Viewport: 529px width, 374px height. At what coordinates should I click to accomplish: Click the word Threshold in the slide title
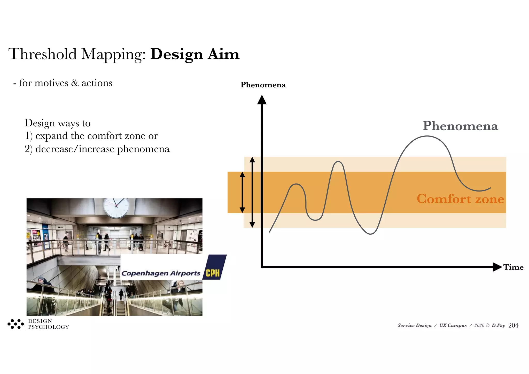click(43, 54)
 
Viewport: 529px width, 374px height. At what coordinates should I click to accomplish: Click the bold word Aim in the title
click(224, 54)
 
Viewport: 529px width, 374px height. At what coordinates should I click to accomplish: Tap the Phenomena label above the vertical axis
click(263, 85)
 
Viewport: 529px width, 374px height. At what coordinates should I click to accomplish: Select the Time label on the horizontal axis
click(513, 267)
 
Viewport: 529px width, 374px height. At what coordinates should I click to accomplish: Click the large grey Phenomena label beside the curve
click(460, 126)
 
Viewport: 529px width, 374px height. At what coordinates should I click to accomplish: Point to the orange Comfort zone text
click(460, 199)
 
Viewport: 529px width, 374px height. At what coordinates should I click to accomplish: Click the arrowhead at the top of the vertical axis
click(262, 100)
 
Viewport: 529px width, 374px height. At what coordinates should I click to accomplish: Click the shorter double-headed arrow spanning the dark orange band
click(242, 192)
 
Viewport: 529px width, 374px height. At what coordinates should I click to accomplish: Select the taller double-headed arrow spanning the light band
click(252, 192)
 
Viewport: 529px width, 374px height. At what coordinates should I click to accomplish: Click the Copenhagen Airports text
click(161, 273)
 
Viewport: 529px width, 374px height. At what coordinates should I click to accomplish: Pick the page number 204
click(513, 325)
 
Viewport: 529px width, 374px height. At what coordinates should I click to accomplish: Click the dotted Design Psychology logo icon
click(15, 324)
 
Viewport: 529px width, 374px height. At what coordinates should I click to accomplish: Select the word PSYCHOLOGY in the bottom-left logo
click(49, 327)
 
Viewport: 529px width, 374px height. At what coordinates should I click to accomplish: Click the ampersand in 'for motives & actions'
click(75, 83)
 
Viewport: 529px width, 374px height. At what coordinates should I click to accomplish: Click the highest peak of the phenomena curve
click(427, 136)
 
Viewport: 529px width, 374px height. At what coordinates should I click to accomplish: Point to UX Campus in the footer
click(453, 325)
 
